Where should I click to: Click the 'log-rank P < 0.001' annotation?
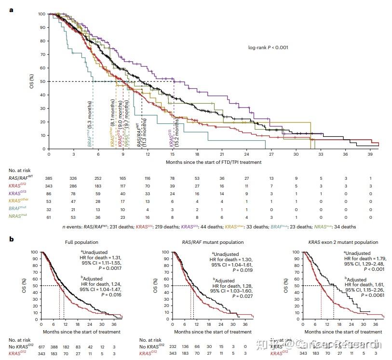pyautogui.click(x=269, y=47)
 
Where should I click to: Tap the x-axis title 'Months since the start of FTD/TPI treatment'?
pyautogui.click(x=214, y=162)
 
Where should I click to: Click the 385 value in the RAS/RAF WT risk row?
pyautogui.click(x=49, y=179)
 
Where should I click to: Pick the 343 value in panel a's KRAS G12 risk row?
pyautogui.click(x=49, y=186)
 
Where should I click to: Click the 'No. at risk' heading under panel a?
pyautogui.click(x=21, y=171)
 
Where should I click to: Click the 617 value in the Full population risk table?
pyautogui.click(x=42, y=347)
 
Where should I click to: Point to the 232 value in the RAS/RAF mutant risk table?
pyautogui.click(x=172, y=347)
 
